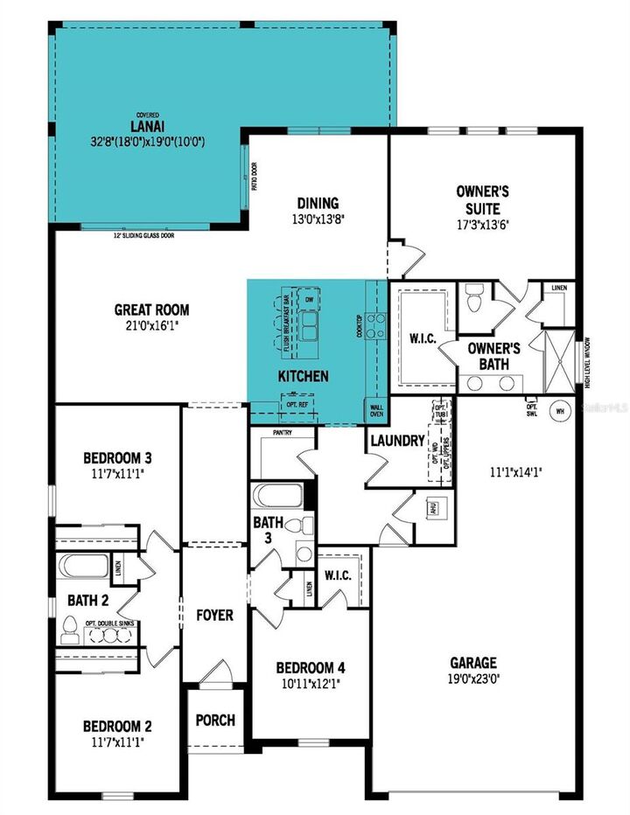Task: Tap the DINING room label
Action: [x=318, y=203]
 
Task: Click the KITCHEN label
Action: [x=303, y=376]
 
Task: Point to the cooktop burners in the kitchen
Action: [x=376, y=325]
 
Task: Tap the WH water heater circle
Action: [x=557, y=408]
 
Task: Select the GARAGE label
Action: [x=473, y=663]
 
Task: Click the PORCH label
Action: [x=215, y=720]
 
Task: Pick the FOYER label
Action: [x=214, y=615]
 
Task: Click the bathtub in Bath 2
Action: [x=84, y=567]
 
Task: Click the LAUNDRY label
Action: [x=396, y=441]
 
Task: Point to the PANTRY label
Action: [x=282, y=432]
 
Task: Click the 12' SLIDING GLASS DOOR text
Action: [x=143, y=235]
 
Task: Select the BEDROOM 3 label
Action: [x=118, y=457]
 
